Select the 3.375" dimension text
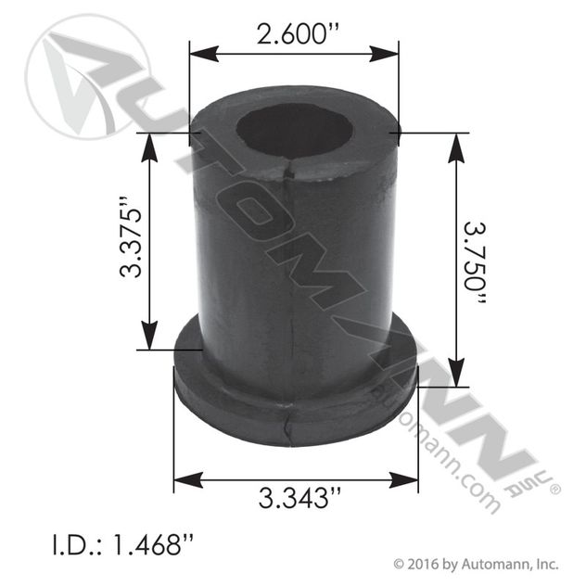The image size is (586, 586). point(131,240)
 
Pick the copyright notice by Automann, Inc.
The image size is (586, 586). point(475,562)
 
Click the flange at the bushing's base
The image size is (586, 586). point(295,408)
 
